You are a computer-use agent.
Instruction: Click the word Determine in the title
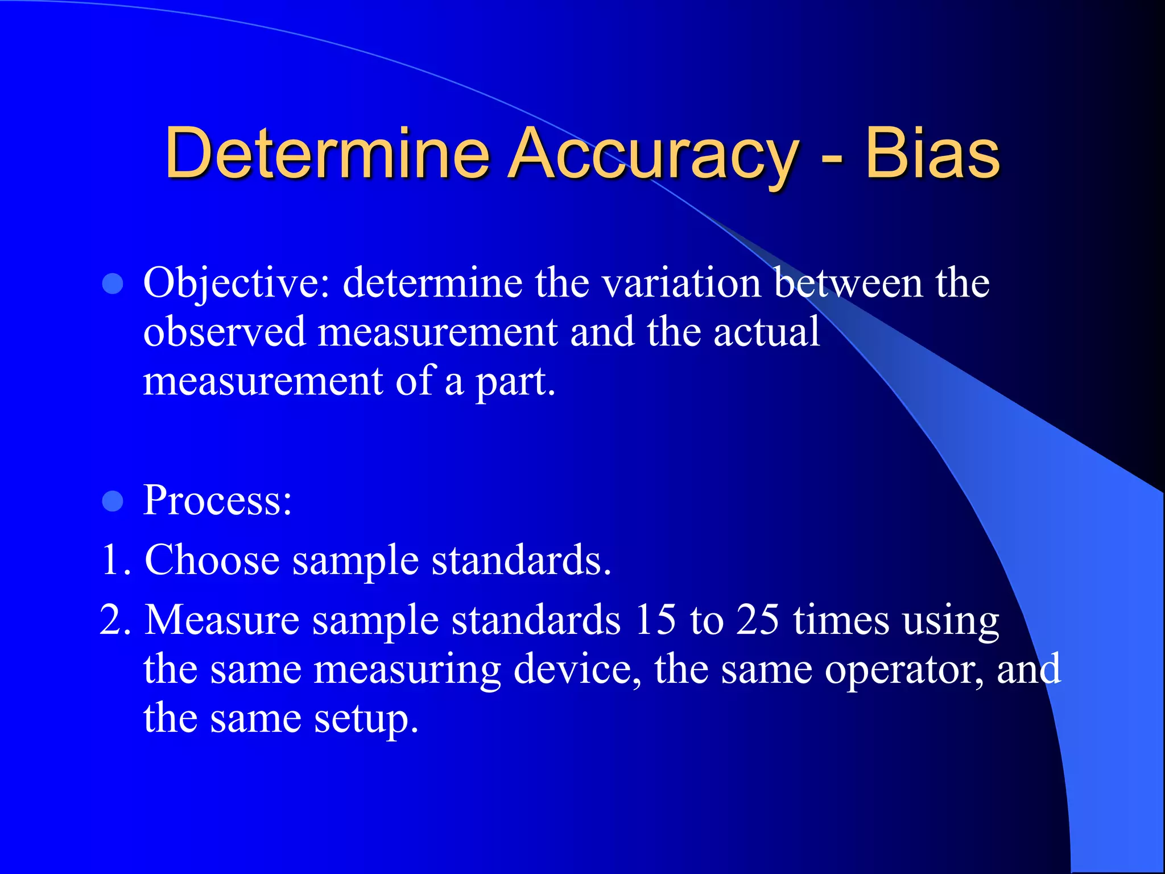[327, 154]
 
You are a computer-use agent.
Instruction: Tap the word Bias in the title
[932, 154]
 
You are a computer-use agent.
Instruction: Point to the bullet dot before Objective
[113, 284]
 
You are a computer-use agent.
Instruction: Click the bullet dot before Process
[113, 501]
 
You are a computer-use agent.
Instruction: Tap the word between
[848, 283]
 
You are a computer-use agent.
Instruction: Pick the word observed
[224, 332]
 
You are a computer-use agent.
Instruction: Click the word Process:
[217, 500]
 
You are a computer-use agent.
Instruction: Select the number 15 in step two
[655, 620]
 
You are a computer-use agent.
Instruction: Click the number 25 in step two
[757, 620]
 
